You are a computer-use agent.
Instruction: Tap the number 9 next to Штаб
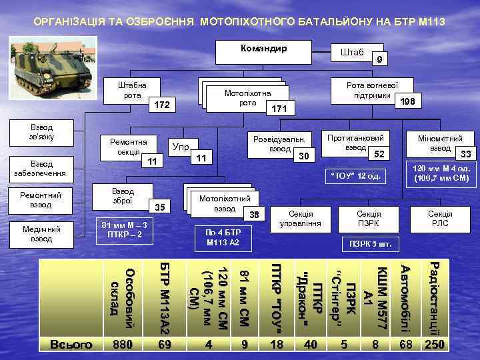(379, 60)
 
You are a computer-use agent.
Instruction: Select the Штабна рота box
(132, 90)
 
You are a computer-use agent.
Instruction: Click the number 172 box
(162, 105)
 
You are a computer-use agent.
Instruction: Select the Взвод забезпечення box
(41, 169)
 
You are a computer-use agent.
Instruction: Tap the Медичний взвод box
(41, 233)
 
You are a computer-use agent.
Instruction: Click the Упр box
(180, 145)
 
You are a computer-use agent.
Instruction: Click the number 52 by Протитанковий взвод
(379, 155)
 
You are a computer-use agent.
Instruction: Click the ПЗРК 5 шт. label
(369, 243)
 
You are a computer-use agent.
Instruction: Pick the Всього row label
(71, 344)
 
